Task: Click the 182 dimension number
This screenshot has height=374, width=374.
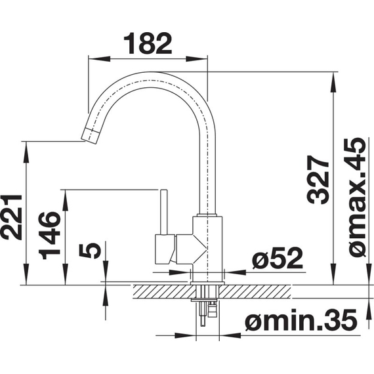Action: pyautogui.click(x=148, y=44)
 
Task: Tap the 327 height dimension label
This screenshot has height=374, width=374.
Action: pyautogui.click(x=318, y=180)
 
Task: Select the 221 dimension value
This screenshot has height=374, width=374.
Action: pyautogui.click(x=11, y=217)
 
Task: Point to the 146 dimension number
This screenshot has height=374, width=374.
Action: pyautogui.click(x=50, y=236)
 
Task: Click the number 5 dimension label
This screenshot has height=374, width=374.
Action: pyautogui.click(x=90, y=251)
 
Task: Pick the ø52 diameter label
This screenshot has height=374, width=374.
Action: pyautogui.click(x=278, y=259)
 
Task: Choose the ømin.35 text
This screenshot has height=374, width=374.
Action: pyautogui.click(x=301, y=320)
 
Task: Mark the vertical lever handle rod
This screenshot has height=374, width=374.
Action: pyautogui.click(x=163, y=213)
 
